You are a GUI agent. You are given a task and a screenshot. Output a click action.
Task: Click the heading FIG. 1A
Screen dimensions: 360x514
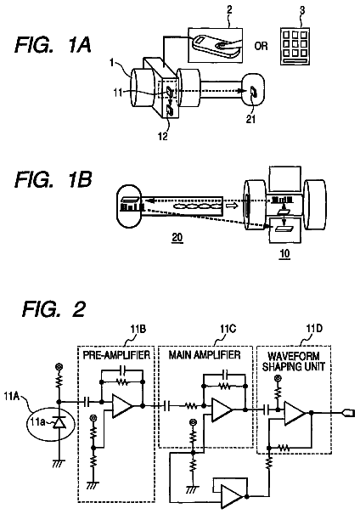coord(53,45)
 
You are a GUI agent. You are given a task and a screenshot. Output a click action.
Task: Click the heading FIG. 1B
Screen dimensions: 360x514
coord(53,179)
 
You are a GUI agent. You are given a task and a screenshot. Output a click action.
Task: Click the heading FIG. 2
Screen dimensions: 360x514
coord(54,308)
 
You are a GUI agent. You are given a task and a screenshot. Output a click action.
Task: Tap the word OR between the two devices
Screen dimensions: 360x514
coord(261,46)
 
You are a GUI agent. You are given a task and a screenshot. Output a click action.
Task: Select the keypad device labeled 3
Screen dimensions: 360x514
coord(295,46)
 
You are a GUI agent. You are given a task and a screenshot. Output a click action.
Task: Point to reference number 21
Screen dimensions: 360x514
coord(250,119)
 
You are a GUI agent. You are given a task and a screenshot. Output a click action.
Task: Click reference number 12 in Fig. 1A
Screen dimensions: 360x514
coord(163,136)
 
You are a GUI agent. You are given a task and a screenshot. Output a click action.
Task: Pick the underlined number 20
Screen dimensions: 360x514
coord(177,237)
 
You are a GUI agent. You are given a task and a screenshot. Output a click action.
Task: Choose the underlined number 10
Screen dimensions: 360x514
coord(284,253)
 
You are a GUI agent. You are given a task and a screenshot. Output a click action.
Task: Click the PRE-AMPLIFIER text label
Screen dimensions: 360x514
coord(116,355)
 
